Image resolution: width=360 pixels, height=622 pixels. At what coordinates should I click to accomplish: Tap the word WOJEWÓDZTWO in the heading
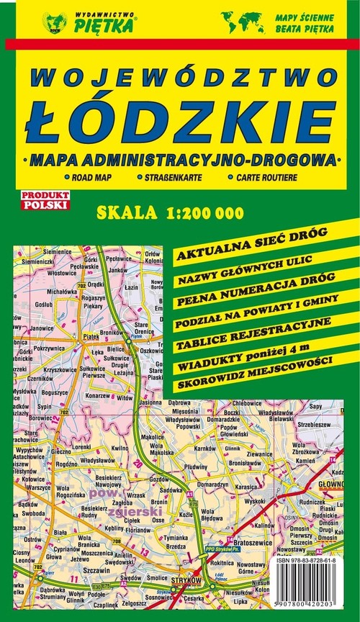[x=180, y=79]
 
